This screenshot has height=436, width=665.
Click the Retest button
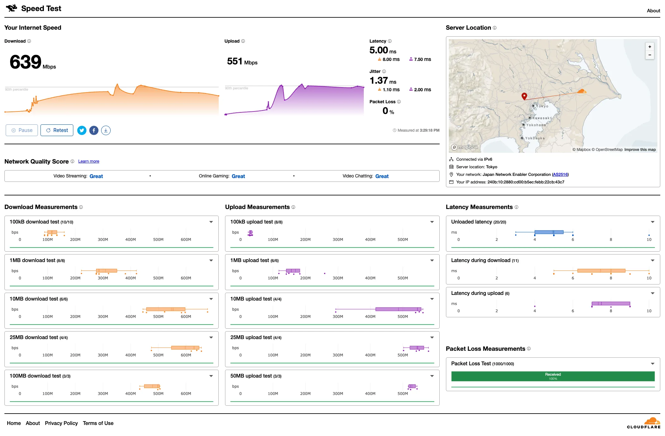coord(57,130)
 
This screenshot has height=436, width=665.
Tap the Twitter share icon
coord(82,130)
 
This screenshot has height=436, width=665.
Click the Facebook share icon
coord(94,130)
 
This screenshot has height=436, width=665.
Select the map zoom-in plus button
coord(650,47)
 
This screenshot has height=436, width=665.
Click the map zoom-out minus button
coord(650,55)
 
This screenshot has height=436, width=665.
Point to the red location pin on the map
coord(524,96)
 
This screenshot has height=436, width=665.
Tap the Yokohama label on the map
coord(536,125)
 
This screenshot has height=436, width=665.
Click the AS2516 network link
coord(560,175)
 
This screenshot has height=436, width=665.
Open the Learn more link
coord(88,161)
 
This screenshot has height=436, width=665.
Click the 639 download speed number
coord(26,62)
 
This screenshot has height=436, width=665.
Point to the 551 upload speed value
coord(235,61)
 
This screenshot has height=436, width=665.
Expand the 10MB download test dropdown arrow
coord(211,299)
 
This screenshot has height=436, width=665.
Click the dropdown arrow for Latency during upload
coord(652,293)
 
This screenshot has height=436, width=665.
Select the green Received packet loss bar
coord(552,376)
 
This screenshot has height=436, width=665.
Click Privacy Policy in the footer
coord(61,423)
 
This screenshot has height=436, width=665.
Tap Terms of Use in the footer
coord(98,423)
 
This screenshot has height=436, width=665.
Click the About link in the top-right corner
coord(653,11)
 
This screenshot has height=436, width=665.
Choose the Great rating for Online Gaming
coord(238,176)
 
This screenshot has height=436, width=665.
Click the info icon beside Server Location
coord(495,28)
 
